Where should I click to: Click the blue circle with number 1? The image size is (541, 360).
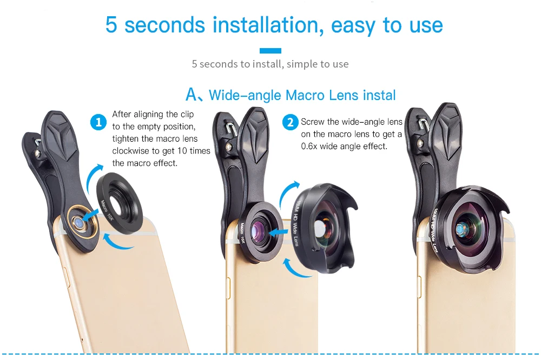(x=98, y=122)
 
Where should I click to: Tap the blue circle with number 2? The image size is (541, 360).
(x=291, y=122)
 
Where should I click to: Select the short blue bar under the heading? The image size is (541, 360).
(x=270, y=51)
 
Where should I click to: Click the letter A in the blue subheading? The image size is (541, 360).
(x=192, y=94)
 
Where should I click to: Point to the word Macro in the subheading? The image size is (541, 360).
(x=305, y=95)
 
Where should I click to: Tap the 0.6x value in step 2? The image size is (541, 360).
(x=309, y=146)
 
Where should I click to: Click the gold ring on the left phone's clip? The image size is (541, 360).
(x=82, y=222)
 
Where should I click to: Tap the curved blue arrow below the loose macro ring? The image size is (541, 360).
(x=117, y=242)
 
